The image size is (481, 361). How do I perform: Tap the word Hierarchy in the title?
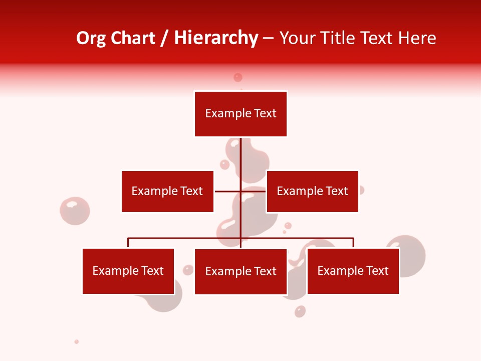(x=216, y=38)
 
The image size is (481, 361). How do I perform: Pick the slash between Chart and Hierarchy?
(x=164, y=39)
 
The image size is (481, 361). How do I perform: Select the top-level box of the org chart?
(x=241, y=114)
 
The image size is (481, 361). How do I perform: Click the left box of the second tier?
(x=167, y=191)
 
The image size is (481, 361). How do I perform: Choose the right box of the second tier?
(x=312, y=191)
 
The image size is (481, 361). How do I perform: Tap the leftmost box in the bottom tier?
(x=128, y=271)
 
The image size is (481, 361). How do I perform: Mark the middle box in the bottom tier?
(x=241, y=271)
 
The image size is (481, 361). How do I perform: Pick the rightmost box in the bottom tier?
(x=353, y=271)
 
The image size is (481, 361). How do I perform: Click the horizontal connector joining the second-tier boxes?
(x=228, y=191)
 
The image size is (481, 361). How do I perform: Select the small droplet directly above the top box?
(x=238, y=77)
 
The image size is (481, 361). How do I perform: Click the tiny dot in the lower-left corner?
(x=77, y=342)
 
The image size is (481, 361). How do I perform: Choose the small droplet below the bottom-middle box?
(x=300, y=311)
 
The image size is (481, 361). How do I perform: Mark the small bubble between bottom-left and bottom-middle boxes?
(x=188, y=270)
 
